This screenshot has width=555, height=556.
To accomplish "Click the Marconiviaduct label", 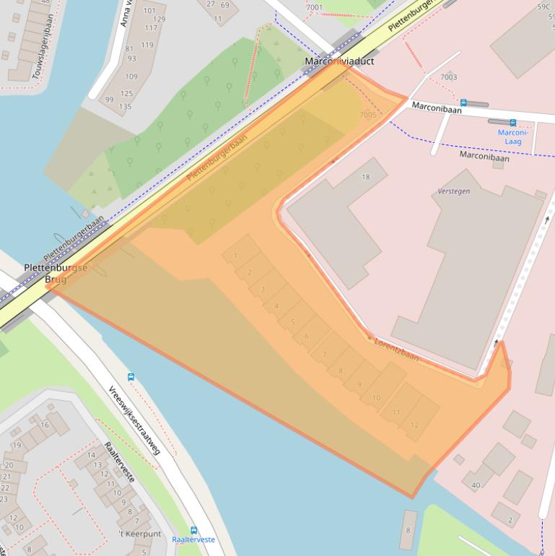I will (x=339, y=62).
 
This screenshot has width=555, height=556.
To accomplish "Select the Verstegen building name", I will (x=453, y=192).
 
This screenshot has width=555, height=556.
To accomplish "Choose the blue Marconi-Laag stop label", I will (x=513, y=137).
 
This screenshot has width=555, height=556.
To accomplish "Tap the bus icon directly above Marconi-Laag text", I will (x=512, y=123).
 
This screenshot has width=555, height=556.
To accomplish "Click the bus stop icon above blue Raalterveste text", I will (x=193, y=530).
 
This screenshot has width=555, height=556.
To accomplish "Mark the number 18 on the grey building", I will (x=365, y=177).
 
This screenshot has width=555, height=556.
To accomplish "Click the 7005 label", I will (x=367, y=115).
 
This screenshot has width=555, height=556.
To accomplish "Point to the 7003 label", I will (x=448, y=77).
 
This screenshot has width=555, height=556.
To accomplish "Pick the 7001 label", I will (x=314, y=8).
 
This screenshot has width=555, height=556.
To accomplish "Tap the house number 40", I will (x=476, y=485).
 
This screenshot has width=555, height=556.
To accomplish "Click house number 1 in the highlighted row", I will (x=235, y=256).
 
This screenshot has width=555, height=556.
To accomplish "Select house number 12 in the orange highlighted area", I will (x=414, y=425).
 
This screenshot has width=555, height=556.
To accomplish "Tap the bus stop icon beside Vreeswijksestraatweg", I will (x=131, y=376).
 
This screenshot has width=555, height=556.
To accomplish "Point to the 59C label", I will (x=543, y=7).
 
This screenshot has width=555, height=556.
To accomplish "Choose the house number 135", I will (x=126, y=107).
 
